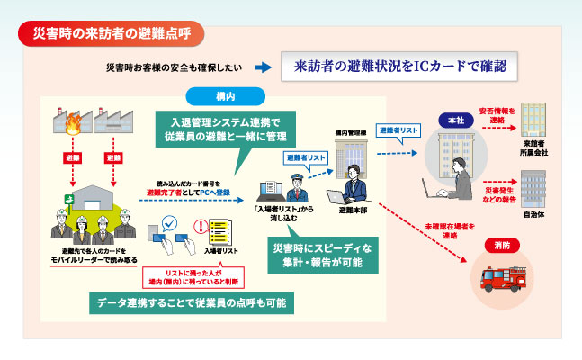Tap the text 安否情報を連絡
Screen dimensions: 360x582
pyautogui.click(x=497, y=115)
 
